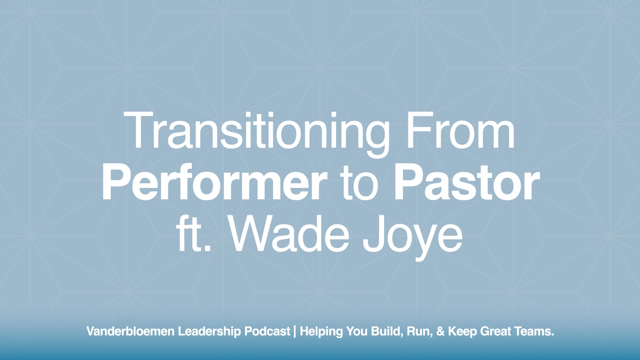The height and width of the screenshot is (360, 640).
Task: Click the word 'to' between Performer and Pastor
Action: pyautogui.click(x=360, y=185)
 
